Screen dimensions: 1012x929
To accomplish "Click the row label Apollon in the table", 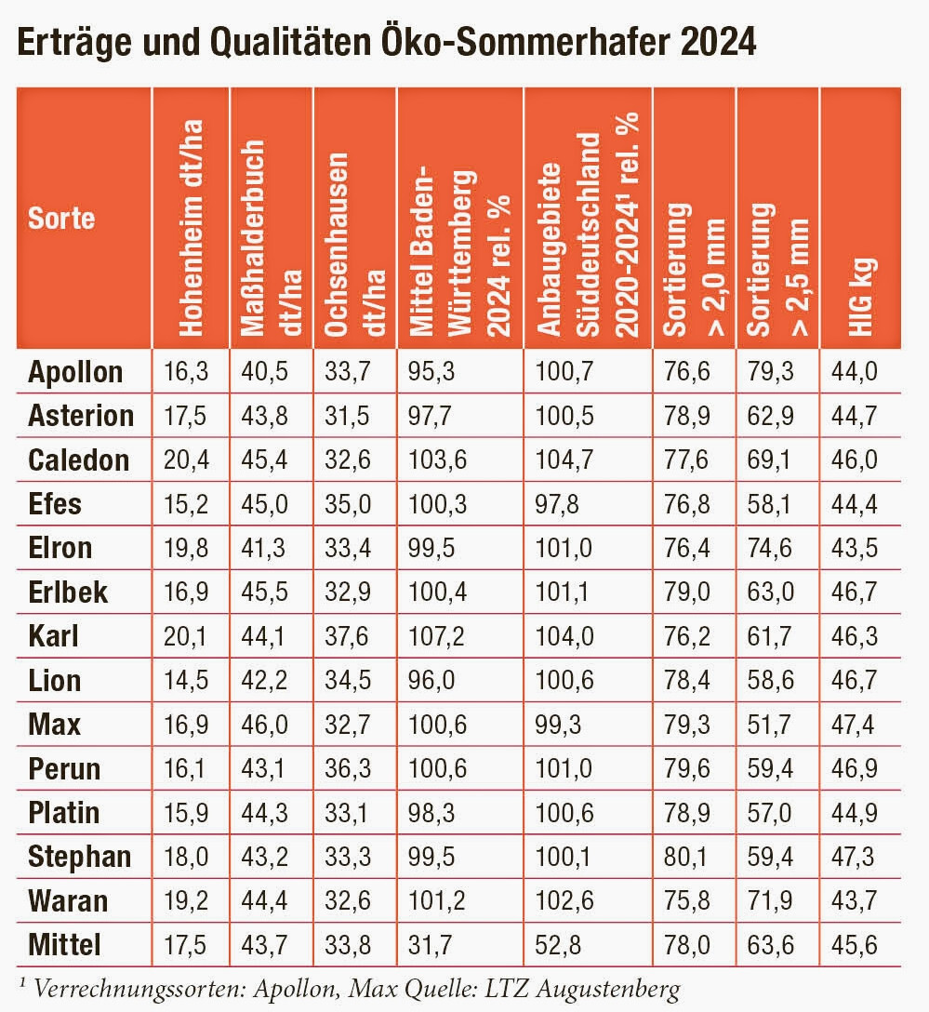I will [75, 371].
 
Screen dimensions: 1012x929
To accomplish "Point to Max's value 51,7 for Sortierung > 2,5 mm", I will [770, 725].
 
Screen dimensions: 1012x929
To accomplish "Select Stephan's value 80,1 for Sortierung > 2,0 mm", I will [687, 858].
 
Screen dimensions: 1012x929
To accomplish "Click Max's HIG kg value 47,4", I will [856, 725].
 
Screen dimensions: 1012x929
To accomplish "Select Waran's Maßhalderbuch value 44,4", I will [261, 901].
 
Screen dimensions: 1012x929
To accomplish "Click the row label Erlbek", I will [67, 592].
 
